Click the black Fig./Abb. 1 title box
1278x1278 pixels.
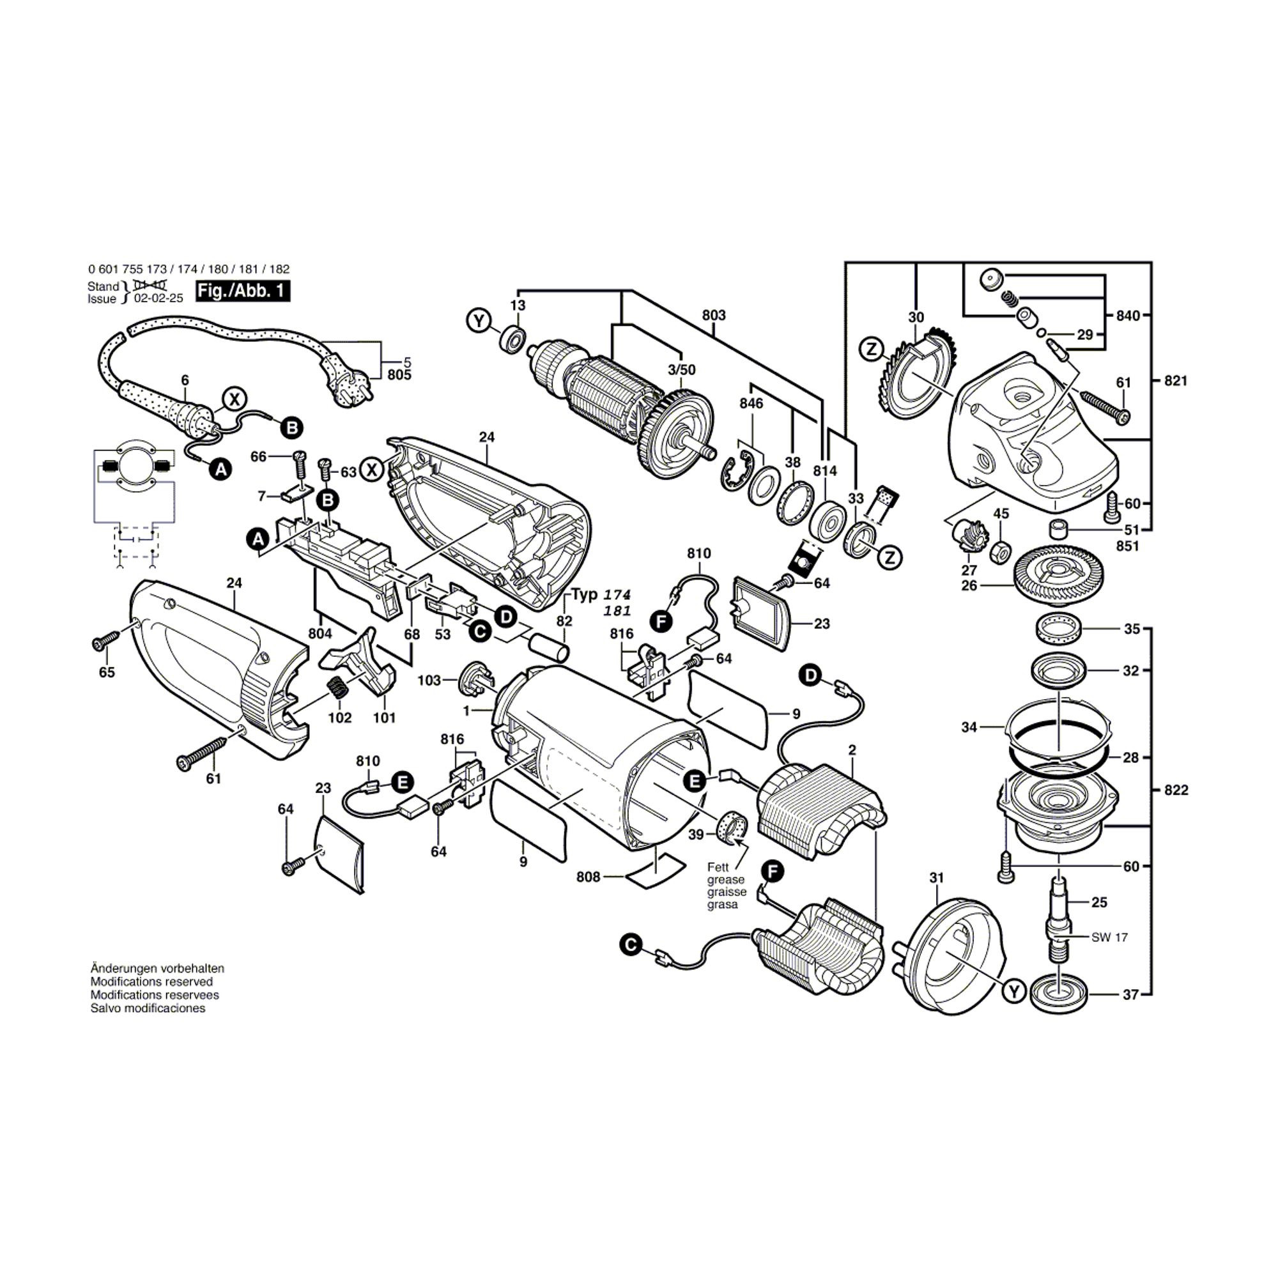click(x=242, y=292)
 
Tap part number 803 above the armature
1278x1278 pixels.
click(x=714, y=316)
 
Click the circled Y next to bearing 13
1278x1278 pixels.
click(x=477, y=321)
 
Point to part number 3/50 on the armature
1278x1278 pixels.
click(x=681, y=369)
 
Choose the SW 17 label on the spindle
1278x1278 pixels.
click(x=1109, y=937)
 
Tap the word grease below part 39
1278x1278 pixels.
click(x=726, y=880)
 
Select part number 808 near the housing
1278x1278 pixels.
click(x=587, y=877)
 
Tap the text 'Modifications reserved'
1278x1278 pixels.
click(x=151, y=982)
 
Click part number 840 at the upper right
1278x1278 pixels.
click(x=1127, y=316)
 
